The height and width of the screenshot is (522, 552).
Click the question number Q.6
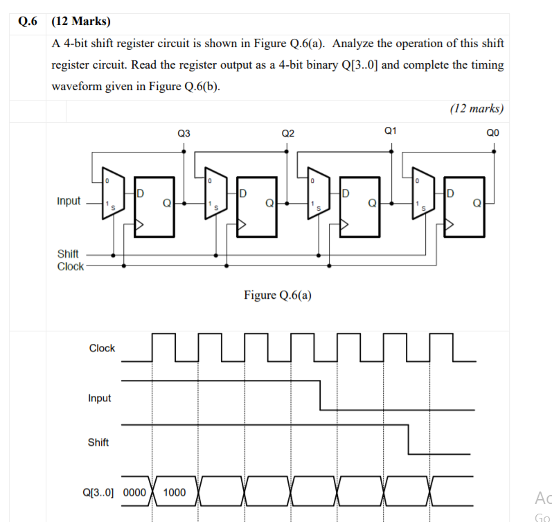[x=26, y=21]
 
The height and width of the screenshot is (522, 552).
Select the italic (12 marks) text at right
[x=477, y=108]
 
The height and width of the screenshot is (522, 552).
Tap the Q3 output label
[x=184, y=132]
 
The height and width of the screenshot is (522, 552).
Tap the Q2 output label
[x=288, y=132]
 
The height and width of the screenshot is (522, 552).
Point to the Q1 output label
[x=391, y=130]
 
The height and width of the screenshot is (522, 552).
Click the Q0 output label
[x=493, y=132]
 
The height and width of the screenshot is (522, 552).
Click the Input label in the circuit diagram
[x=69, y=201]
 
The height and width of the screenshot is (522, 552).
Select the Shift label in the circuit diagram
[x=68, y=254]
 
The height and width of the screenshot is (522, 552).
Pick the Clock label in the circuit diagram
[x=70, y=266]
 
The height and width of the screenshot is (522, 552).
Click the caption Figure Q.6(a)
[x=277, y=295]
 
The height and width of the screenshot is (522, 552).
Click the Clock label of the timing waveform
[x=102, y=348]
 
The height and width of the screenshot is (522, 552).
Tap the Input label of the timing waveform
[x=99, y=398]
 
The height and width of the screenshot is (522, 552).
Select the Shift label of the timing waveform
[x=98, y=442]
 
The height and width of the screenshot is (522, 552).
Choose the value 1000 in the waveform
[x=174, y=492]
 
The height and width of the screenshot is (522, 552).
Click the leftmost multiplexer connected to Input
[x=111, y=193]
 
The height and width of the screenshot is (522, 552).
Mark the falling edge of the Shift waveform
[x=409, y=440]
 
